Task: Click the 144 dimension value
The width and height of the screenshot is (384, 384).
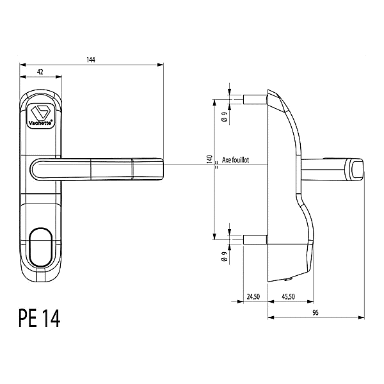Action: [x=90, y=60]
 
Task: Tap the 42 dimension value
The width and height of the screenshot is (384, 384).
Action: [x=40, y=73]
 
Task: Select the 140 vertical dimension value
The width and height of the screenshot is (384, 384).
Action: [x=209, y=159]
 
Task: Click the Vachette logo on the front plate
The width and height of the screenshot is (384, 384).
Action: [x=42, y=115]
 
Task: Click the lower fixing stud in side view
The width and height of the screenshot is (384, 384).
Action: [x=254, y=240]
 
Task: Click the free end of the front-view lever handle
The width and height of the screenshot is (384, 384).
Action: [x=157, y=168]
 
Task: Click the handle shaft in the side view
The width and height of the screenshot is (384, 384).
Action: [x=323, y=168]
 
